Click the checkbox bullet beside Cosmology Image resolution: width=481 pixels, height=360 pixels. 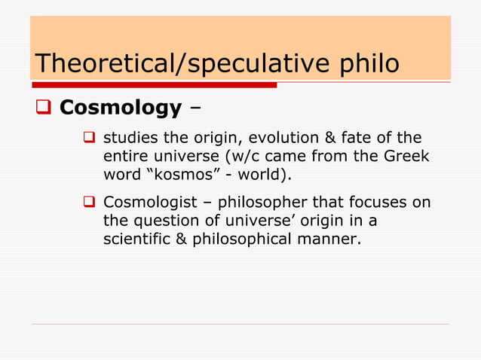point(43,108)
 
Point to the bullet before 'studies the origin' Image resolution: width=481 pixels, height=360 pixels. point(88,139)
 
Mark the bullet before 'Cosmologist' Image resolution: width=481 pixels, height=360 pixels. point(88,203)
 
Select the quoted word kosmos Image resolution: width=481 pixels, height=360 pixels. point(176,175)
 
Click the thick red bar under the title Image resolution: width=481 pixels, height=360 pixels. point(154,84)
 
